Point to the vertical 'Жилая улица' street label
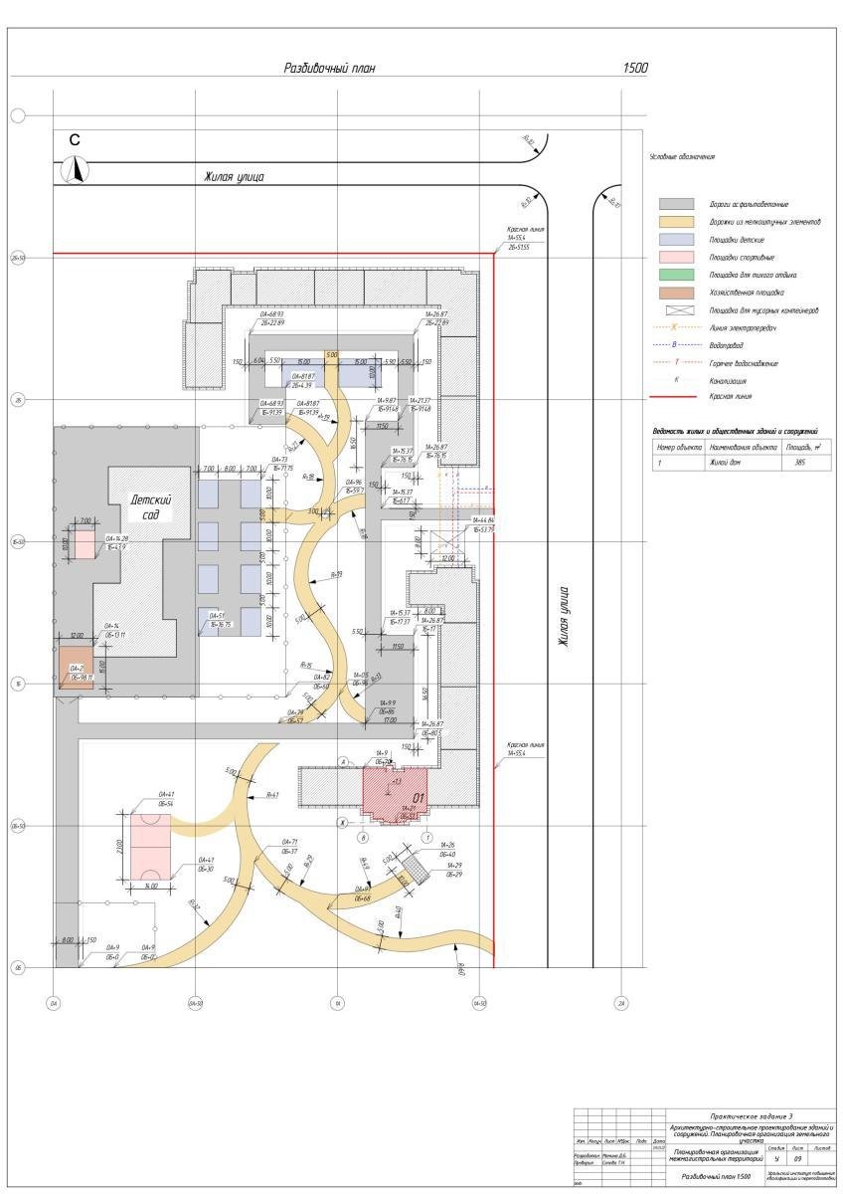(564, 617)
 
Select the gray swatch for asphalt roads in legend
(676, 203)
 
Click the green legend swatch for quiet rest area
(676, 275)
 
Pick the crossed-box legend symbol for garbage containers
(676, 310)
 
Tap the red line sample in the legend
(676, 396)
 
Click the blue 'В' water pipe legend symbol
(676, 345)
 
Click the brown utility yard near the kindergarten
(76, 663)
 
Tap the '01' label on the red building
(420, 798)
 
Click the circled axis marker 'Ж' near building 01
(340, 822)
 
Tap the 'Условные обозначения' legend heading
(681, 157)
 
